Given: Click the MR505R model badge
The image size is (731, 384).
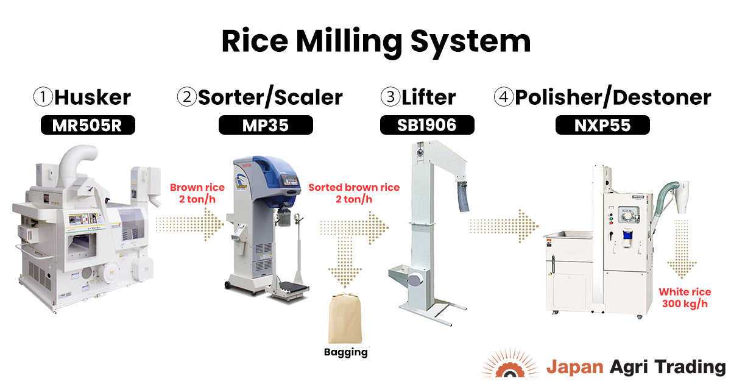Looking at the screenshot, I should (x=87, y=125).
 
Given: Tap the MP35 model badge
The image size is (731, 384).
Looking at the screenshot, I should (x=265, y=125).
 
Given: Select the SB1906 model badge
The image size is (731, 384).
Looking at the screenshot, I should (x=426, y=125).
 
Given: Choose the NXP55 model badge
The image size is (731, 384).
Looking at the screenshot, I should (x=602, y=125).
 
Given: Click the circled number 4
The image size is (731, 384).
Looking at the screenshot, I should (x=503, y=97).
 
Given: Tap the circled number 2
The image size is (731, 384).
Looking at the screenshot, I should (x=186, y=97).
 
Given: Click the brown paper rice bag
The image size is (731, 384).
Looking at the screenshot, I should (x=346, y=319).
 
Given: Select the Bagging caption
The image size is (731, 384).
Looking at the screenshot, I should (x=346, y=352).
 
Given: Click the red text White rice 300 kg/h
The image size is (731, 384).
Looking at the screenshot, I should (x=683, y=297).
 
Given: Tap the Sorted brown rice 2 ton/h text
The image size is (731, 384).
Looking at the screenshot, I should (x=354, y=194).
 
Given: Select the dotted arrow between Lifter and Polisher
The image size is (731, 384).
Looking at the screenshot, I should (x=504, y=226).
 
